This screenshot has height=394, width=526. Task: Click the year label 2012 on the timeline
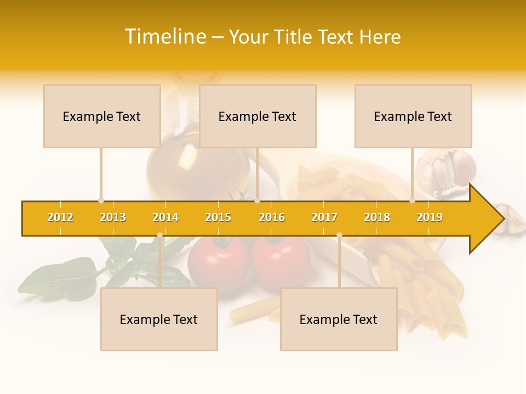[x=60, y=217]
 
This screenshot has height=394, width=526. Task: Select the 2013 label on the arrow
[x=113, y=217]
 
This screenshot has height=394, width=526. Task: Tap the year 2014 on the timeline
[x=165, y=217]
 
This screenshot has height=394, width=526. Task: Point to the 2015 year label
[x=218, y=217]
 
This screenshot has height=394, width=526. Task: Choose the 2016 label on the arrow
[x=272, y=217]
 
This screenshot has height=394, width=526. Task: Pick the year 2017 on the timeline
[x=324, y=217]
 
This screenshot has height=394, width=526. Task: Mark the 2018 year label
[x=377, y=217]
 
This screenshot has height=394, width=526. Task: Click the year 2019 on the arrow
[x=430, y=217]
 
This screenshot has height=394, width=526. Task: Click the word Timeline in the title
[x=164, y=37]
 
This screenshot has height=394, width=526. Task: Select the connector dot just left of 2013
[x=101, y=201]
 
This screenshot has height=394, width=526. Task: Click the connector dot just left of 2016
[x=257, y=201]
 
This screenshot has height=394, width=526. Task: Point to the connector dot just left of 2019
[x=413, y=201]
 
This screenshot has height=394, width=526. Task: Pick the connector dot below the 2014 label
[x=159, y=235]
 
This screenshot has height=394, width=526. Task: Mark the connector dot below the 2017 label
[x=339, y=235]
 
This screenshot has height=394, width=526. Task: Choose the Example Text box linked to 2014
[x=159, y=319]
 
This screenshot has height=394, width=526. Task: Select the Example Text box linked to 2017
[x=339, y=319]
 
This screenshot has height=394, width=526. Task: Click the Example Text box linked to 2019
[x=413, y=116]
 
